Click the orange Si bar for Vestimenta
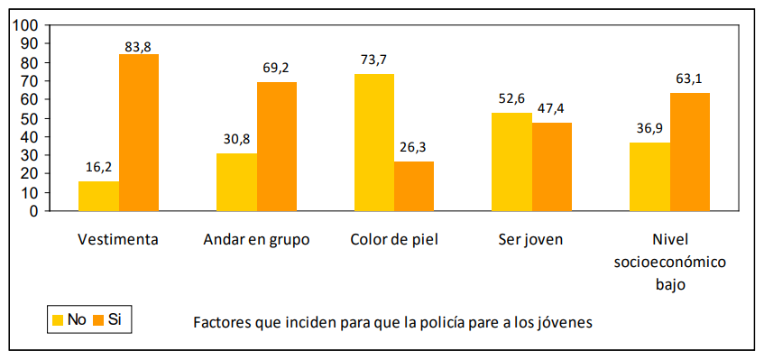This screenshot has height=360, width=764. pos(139,133)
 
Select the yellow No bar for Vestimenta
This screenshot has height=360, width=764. pos(98,196)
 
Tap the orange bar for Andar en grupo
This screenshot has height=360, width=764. pos(277,146)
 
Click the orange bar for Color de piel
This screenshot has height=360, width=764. pos(414,186)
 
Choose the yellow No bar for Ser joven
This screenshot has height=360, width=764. pos(511,162)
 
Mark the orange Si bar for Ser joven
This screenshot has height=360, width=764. pos(551,166)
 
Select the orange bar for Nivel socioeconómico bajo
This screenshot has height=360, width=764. pos(689,152)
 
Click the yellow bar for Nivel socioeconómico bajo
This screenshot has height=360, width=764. pos(649,176)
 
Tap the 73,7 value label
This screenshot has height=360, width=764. pos(373,60)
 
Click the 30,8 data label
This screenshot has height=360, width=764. pos(236,140)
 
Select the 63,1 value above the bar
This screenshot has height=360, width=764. pos(689,79)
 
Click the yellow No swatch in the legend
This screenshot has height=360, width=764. pos(60,319)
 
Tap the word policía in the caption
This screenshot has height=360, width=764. pos(438,322)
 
